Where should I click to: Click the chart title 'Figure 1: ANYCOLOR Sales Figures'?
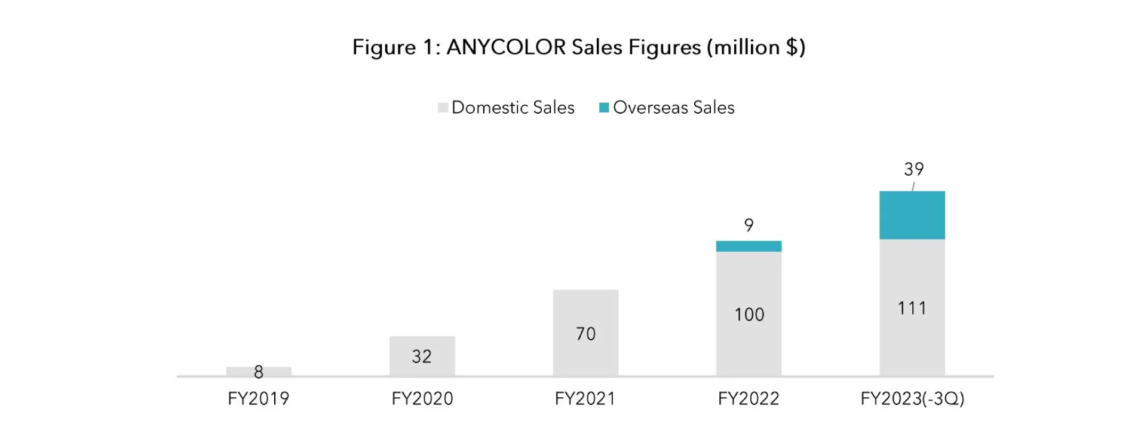(578, 47)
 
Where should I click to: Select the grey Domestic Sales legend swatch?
(443, 108)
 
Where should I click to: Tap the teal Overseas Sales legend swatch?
(604, 108)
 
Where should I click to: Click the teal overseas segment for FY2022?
(749, 246)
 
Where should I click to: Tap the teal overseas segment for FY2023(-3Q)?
(912, 215)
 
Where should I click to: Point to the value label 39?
(913, 169)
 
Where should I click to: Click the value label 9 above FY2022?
(749, 225)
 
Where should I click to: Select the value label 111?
(912, 308)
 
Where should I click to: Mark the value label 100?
(749, 315)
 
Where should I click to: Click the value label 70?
(585, 334)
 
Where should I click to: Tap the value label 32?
(422, 356)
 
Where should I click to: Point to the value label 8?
(259, 372)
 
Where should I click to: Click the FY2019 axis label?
(259, 398)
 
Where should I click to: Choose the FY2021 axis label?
(585, 398)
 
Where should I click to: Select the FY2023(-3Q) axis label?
(912, 398)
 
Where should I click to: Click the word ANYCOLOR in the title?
(505, 47)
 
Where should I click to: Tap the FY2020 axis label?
(422, 398)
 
